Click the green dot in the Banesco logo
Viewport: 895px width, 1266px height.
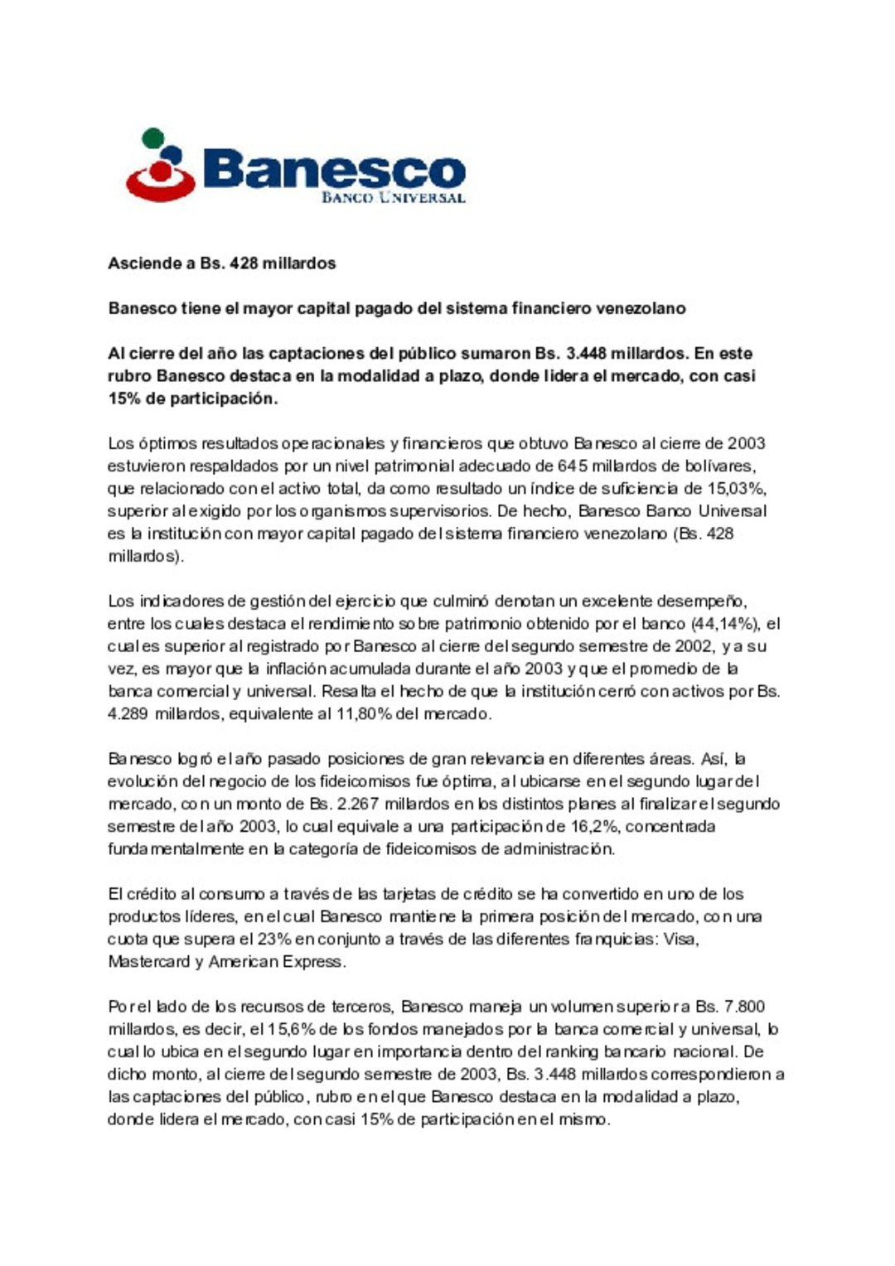coord(152,138)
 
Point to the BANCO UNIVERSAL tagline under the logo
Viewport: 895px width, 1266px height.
coord(393,198)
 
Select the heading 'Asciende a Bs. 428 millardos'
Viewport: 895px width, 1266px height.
coord(221,263)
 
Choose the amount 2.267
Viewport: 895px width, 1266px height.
coord(358,804)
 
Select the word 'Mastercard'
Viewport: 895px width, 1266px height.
coord(149,961)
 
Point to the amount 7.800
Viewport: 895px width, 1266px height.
coord(744,1007)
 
